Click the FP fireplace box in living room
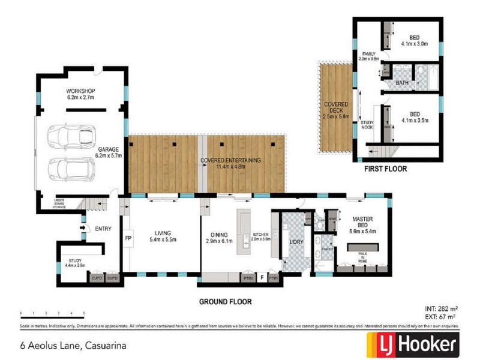[127, 238]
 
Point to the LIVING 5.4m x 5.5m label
[162, 236]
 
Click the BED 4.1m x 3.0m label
[415, 40]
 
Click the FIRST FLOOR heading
[385, 169]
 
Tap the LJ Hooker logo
[413, 346]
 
